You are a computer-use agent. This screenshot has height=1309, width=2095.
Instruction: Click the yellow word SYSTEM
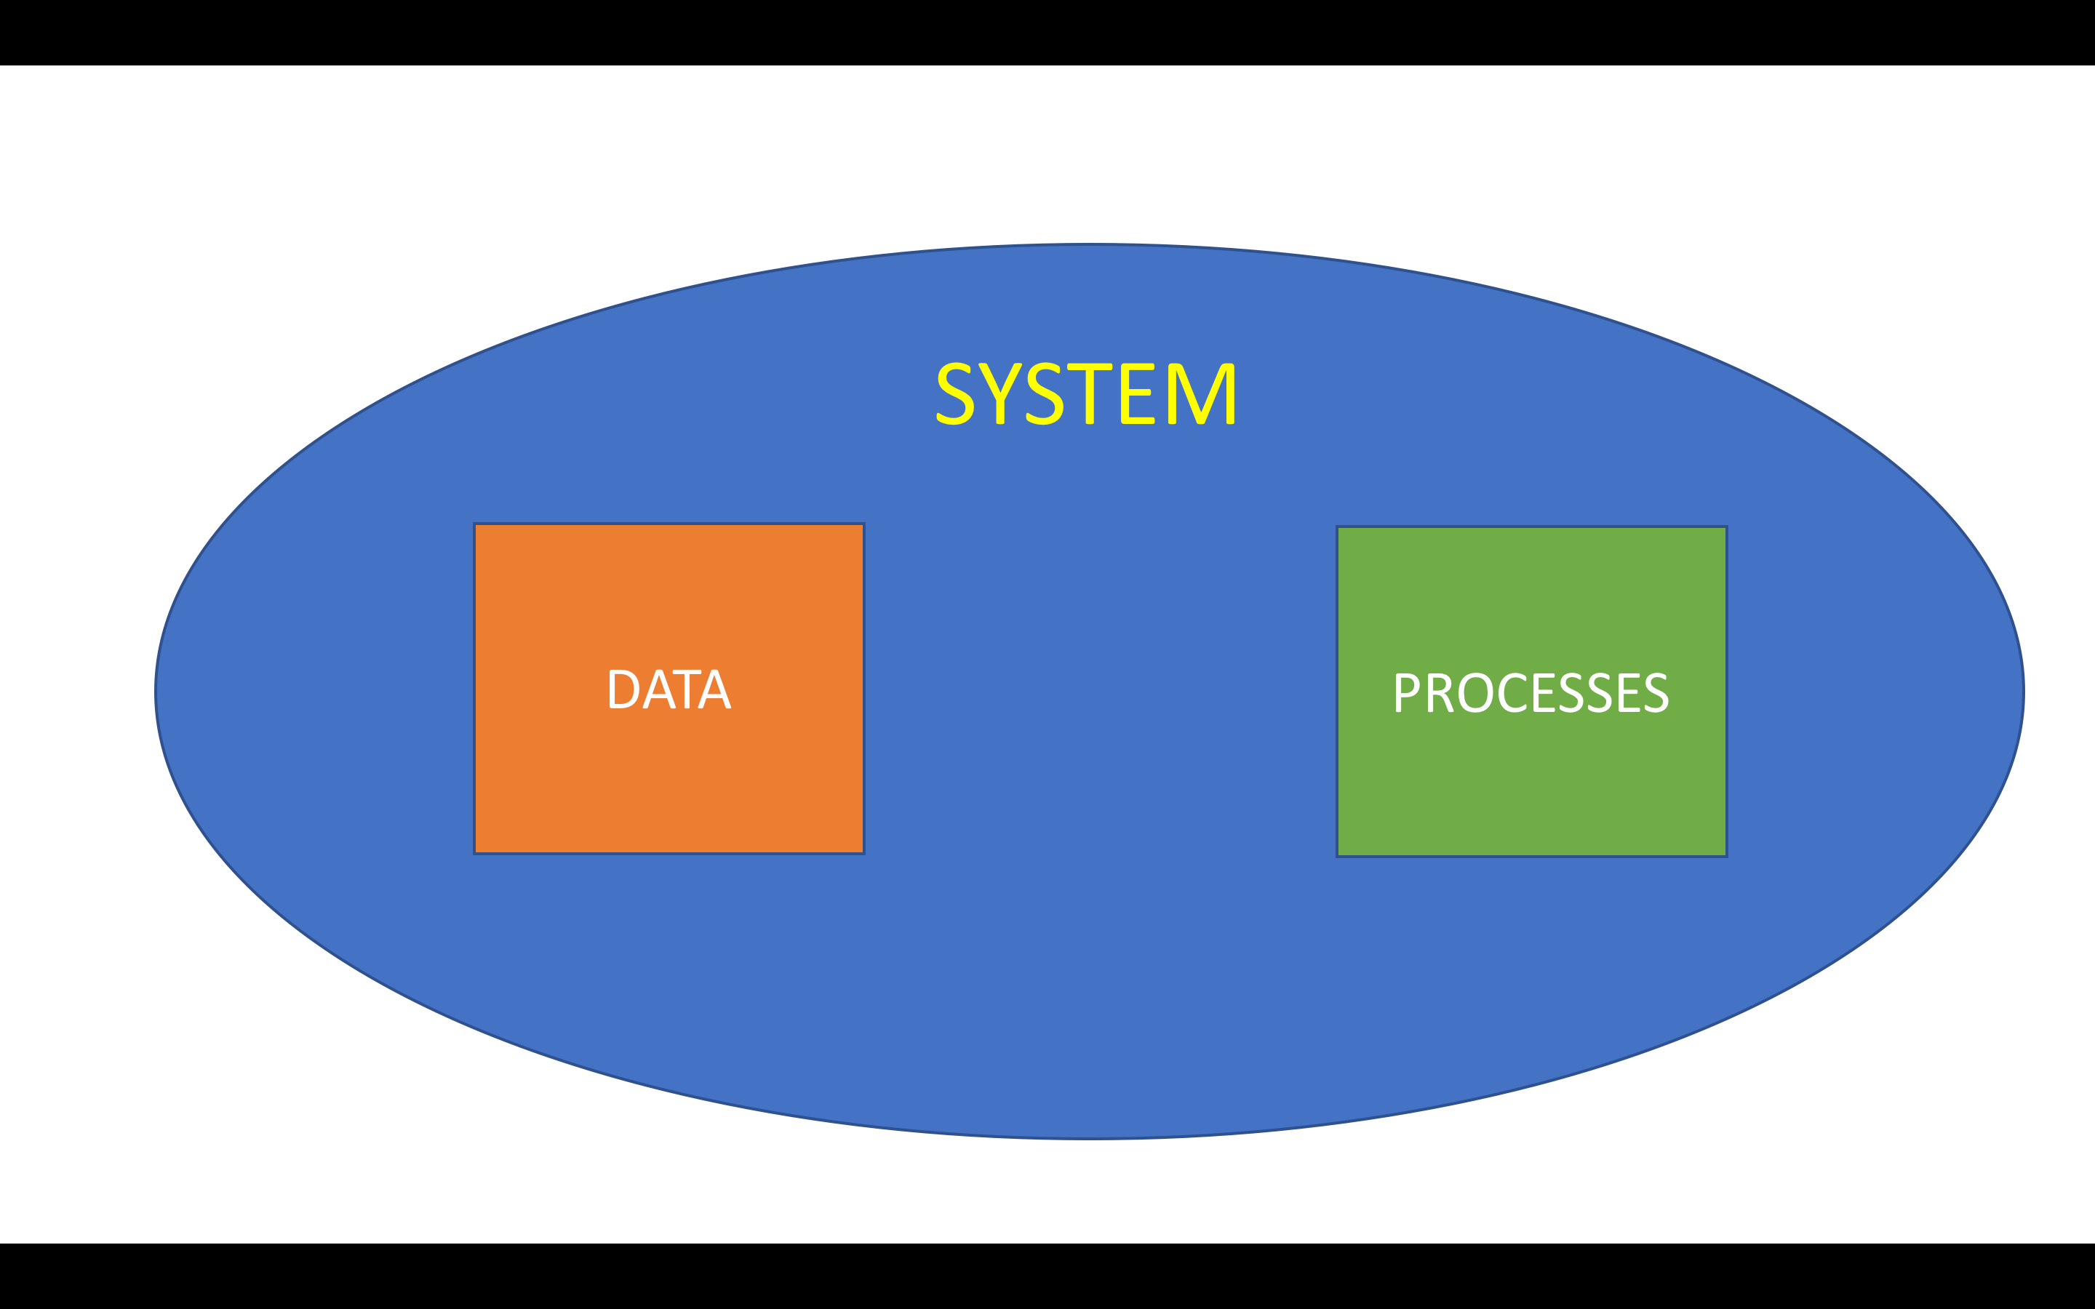click(1085, 393)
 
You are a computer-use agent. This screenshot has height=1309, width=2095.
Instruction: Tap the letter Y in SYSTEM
click(1000, 393)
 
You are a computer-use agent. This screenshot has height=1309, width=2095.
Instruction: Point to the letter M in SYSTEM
click(1201, 393)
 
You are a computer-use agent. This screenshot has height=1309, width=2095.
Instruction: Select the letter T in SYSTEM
click(1089, 393)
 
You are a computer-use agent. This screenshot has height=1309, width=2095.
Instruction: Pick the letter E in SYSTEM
click(1138, 393)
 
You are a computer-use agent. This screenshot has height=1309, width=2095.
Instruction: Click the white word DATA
click(670, 689)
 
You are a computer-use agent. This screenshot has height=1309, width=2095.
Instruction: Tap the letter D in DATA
click(623, 689)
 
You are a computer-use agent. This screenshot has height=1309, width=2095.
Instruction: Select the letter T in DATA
click(687, 689)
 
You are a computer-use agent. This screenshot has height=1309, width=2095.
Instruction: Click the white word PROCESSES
click(1531, 692)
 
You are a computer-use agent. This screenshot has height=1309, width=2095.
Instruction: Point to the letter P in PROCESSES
click(1406, 692)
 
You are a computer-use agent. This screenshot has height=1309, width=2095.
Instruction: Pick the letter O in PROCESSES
click(1475, 692)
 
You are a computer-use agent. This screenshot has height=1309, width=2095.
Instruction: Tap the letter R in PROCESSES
click(1439, 692)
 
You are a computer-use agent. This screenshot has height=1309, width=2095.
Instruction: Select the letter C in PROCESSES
click(1512, 692)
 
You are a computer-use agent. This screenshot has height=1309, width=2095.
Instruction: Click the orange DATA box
click(669, 688)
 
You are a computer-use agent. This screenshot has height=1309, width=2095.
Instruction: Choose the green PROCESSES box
click(1531, 692)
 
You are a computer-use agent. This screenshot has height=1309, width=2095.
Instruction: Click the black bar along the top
click(1047, 32)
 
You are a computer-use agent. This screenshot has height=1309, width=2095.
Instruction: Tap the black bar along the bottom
click(1047, 1276)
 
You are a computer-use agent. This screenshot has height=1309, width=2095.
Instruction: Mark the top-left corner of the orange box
click(474, 524)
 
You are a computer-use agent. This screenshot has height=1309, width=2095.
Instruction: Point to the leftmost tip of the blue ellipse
click(155, 692)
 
